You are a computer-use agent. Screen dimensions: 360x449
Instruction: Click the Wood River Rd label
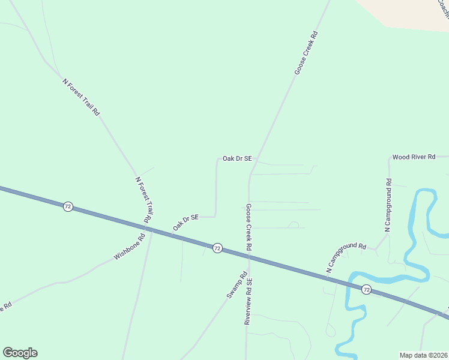[x=413, y=157]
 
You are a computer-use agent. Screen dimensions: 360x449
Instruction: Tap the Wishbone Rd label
[x=130, y=247]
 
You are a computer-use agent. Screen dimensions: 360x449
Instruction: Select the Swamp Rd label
[x=237, y=286]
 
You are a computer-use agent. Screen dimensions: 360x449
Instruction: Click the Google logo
[x=20, y=353]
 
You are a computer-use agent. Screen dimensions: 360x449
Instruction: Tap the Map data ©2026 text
[x=423, y=355]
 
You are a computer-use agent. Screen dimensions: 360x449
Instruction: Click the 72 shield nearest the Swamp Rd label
[x=217, y=247]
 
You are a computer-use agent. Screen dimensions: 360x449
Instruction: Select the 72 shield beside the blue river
[x=366, y=289]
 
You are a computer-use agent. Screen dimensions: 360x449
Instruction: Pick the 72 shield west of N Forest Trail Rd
[x=68, y=206]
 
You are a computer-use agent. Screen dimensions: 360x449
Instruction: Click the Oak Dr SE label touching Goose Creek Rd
[x=237, y=158]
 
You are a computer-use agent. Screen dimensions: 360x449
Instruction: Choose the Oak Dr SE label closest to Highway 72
[x=185, y=223]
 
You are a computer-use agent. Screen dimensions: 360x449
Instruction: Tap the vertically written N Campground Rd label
[x=388, y=205]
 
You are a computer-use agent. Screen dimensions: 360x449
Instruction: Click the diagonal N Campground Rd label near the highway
[x=346, y=258]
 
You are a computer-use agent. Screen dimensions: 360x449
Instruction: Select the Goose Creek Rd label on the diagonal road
[x=306, y=53]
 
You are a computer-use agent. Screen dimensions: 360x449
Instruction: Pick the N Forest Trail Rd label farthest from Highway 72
[x=81, y=97]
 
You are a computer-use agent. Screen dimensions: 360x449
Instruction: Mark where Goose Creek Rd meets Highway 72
[x=248, y=257]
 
